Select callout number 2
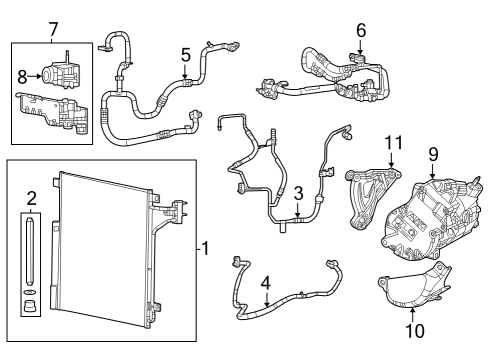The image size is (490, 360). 31,198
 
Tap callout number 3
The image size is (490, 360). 297,192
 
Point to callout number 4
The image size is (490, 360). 265,283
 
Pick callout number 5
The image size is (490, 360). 185,55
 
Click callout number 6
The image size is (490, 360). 361,30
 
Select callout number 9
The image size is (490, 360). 434,154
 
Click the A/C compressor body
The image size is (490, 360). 425,215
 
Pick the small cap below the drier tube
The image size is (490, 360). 31,305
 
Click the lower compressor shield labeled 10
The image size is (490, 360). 410,292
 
